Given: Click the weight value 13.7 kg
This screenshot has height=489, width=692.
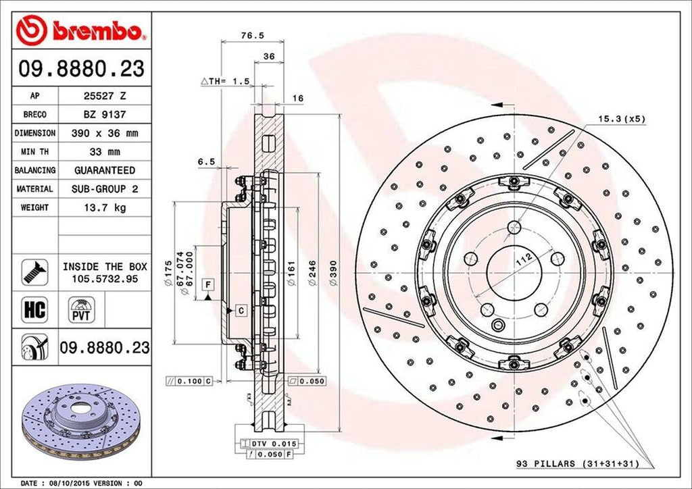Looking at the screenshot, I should [x=104, y=208].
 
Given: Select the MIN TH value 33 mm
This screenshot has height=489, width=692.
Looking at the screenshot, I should [x=104, y=152].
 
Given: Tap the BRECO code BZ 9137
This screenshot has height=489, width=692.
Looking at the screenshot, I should [x=104, y=115].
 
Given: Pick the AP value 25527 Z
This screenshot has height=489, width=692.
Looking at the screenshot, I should [x=104, y=96].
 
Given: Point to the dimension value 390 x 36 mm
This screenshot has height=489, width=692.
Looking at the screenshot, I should [x=104, y=133].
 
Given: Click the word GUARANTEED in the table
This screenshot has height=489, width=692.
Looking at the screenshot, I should [x=104, y=170].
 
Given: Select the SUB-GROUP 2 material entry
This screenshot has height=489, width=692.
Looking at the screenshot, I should [x=104, y=189].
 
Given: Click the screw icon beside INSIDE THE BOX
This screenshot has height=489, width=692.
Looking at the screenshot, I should [x=34, y=272].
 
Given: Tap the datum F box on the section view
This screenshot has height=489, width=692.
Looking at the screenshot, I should [x=207, y=283].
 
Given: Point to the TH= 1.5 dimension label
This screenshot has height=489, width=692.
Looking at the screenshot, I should [x=225, y=81].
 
